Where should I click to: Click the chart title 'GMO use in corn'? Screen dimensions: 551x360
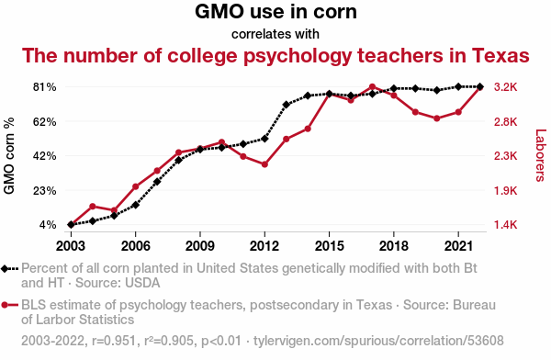[275, 12]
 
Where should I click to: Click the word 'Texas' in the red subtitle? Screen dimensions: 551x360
[500, 55]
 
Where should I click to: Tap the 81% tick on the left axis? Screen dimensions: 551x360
[45, 87]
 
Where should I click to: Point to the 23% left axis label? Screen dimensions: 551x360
[45, 190]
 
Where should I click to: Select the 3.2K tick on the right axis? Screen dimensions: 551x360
[506, 87]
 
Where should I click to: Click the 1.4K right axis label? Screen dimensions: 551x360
[506, 225]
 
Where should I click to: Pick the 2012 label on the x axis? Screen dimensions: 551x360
[264, 246]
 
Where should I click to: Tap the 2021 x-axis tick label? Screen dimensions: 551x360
[458, 246]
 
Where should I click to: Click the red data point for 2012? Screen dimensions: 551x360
[264, 164]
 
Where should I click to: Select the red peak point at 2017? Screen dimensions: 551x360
[373, 87]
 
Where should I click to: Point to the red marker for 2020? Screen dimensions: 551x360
[437, 118]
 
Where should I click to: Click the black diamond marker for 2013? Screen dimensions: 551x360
[286, 105]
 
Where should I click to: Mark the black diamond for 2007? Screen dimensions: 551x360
[157, 182]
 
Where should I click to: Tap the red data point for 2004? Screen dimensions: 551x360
[93, 207]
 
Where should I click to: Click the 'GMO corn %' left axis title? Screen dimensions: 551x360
[9, 155]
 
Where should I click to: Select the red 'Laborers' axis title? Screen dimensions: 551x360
[541, 155]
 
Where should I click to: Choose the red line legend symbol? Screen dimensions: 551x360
[9, 305]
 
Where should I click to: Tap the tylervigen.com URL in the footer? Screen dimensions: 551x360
[378, 341]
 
